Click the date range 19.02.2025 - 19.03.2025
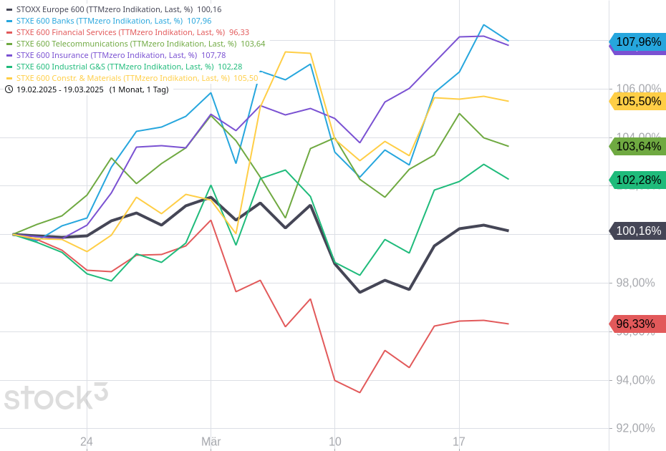(x=60, y=89)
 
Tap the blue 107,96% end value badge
(x=637, y=42)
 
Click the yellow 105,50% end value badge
(x=637, y=101)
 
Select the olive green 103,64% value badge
(x=637, y=147)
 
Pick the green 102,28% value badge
(x=637, y=180)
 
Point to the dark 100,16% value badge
(x=637, y=231)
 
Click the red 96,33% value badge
(x=637, y=324)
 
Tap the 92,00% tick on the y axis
(x=636, y=428)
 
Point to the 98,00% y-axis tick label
(x=636, y=283)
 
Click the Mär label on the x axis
(x=211, y=442)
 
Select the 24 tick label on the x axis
(x=87, y=442)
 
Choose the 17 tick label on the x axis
(x=459, y=442)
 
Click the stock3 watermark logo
(x=56, y=397)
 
